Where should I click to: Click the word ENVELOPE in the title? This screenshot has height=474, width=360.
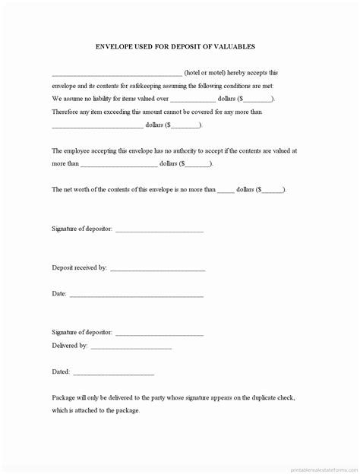tap(116, 46)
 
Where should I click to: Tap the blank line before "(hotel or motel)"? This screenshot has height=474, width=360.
tap(116, 74)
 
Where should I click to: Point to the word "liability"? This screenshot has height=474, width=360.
tap(108, 99)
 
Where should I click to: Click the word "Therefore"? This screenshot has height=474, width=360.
tap(65, 112)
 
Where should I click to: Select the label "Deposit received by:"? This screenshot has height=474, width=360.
tap(80, 268)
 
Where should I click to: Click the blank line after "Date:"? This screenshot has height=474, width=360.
tap(137, 295)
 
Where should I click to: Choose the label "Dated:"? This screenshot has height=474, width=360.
tap(61, 372)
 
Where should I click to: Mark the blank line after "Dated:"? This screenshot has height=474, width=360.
tap(114, 374)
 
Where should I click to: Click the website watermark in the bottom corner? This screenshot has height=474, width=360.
tap(320, 467)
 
